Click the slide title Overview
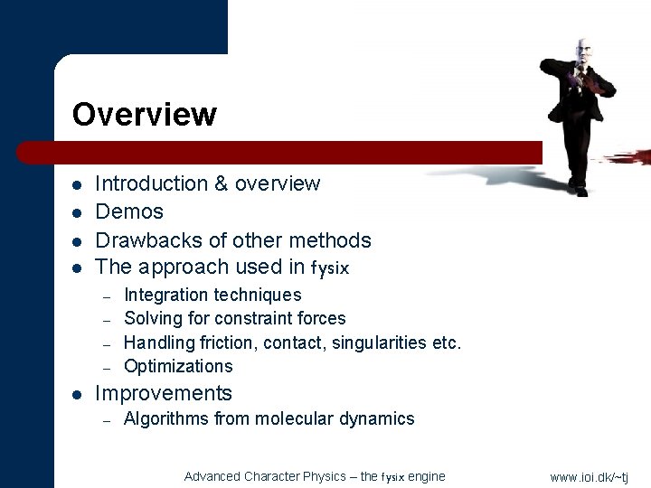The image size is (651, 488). point(144,115)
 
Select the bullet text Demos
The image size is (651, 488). point(129,211)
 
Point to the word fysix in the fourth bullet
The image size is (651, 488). point(329,268)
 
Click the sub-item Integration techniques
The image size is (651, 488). point(212,295)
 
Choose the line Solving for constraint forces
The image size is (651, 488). point(234,318)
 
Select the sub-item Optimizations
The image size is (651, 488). point(178,366)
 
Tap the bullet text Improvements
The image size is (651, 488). point(164,393)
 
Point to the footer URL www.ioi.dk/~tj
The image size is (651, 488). point(589,476)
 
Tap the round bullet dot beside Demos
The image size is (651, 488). point(78,213)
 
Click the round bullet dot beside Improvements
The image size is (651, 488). point(78,395)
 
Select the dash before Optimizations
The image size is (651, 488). point(106,367)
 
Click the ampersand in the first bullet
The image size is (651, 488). point(221,183)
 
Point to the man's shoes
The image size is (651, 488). point(577,188)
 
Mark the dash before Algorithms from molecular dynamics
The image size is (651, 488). point(106,419)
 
